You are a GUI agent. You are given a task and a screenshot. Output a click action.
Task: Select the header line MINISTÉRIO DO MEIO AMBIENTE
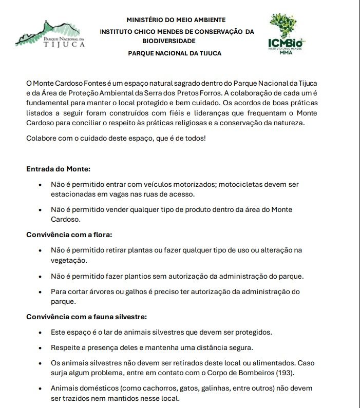(x=176, y=20)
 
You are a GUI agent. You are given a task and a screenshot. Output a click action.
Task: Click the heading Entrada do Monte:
(x=58, y=168)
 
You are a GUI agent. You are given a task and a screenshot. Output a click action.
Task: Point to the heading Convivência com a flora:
(x=69, y=235)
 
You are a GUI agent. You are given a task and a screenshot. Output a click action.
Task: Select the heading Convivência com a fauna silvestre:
(x=87, y=317)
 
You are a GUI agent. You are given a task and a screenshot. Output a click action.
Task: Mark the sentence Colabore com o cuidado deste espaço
(x=116, y=139)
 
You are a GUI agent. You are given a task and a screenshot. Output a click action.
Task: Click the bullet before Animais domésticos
(x=41, y=388)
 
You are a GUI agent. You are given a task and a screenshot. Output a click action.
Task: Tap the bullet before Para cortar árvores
(x=41, y=292)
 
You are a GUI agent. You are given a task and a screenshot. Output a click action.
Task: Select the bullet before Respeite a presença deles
(x=41, y=347)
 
